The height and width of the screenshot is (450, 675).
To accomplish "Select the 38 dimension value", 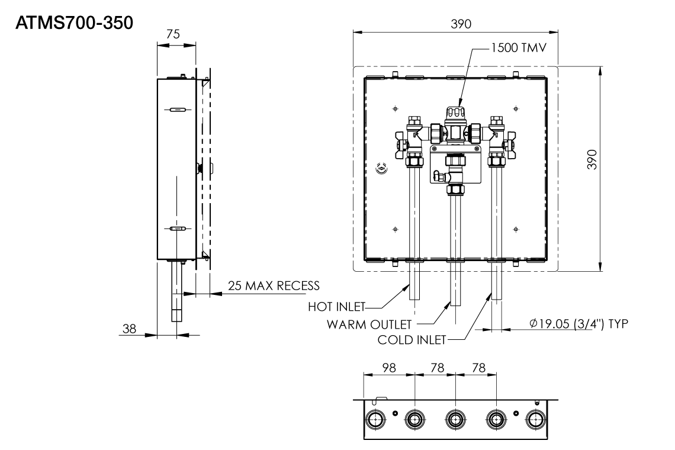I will pos(128,328).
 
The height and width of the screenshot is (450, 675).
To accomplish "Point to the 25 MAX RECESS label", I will pos(273,286).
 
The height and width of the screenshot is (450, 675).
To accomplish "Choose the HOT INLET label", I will pos(336,307).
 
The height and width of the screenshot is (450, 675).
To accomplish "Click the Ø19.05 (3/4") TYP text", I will pos(579,324).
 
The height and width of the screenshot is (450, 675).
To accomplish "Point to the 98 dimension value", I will pos(389,368).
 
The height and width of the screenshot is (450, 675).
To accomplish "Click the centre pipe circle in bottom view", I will pos(455,420).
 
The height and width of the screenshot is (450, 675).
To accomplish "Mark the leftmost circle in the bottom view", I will pos(374,420).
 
